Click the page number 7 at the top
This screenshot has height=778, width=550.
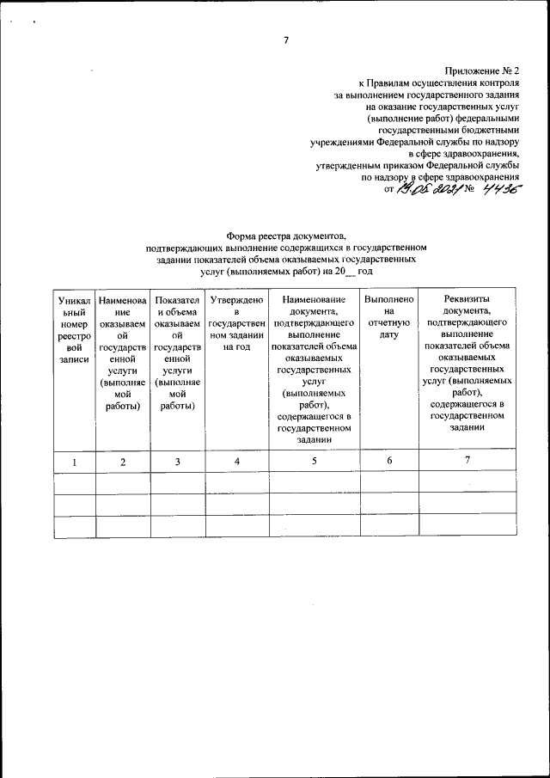(287, 39)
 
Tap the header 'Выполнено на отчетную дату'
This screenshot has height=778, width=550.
(389, 318)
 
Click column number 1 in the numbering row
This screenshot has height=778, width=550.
(74, 462)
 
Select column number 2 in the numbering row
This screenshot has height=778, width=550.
(123, 462)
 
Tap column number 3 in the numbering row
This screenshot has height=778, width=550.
(178, 462)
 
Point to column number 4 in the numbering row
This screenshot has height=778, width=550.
(236, 462)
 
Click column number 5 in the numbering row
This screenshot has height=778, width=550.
(314, 462)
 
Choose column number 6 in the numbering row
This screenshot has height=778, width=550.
(389, 462)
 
